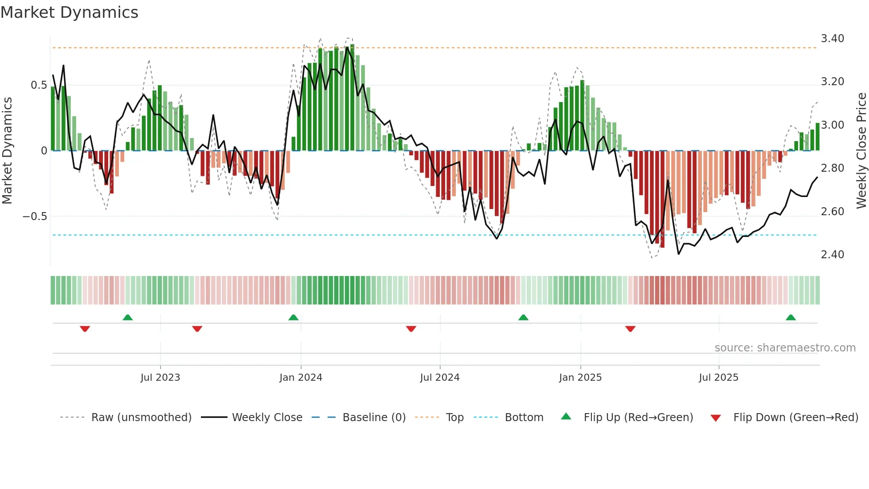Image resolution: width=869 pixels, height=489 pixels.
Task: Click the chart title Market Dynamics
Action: pos(70,12)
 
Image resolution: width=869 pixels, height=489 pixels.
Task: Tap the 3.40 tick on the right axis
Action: pos(832,39)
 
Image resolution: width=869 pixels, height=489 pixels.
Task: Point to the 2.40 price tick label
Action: pos(832,255)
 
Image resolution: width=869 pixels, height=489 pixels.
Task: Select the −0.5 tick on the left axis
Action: pos(35,217)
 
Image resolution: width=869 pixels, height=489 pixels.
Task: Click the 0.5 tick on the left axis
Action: pos(39,85)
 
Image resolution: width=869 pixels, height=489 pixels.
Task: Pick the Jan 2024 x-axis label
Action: pos(301,378)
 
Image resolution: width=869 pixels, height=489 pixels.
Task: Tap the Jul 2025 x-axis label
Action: pos(718,378)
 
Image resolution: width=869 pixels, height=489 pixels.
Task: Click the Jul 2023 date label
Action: pos(160,378)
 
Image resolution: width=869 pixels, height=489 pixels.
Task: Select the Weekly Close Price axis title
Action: pos(861,151)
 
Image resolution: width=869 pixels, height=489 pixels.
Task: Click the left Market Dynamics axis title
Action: pos(7,151)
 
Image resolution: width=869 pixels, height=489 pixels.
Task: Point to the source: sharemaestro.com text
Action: pos(785,348)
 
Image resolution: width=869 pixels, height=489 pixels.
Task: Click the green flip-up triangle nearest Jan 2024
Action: pos(293,318)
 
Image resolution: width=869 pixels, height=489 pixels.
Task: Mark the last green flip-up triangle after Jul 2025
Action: pos(791,318)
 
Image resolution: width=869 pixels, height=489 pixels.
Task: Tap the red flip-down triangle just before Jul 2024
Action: pos(411,329)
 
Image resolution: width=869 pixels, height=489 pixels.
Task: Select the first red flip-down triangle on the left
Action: pos(85,329)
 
